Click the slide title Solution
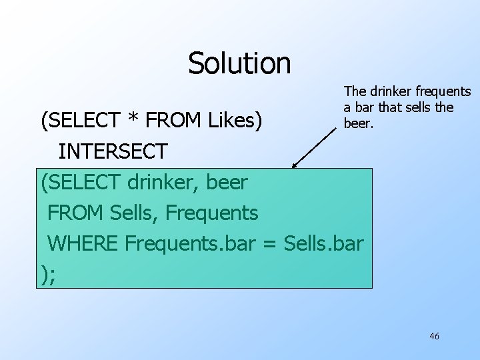coord(239,63)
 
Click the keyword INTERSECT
coord(113,151)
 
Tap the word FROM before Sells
coord(76,213)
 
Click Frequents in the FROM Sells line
coord(211,213)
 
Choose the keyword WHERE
coord(84,243)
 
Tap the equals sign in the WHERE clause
coord(269,244)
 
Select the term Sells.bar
coord(323,243)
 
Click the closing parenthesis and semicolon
coord(49,274)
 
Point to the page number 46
coord(434,337)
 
